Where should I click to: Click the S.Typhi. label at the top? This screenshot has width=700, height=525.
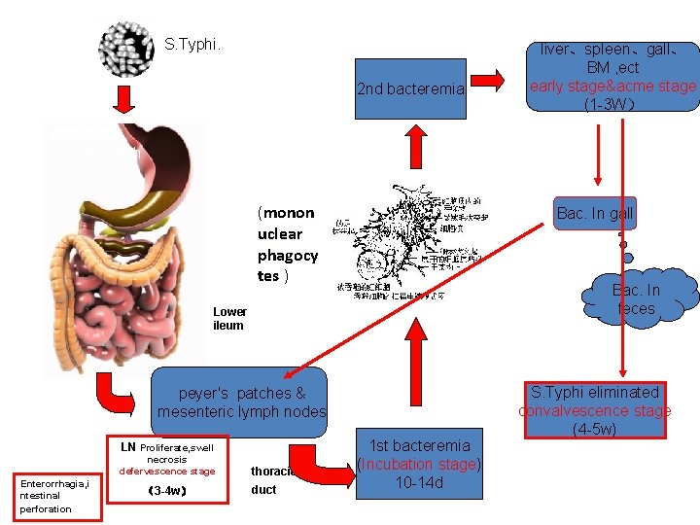[192, 45]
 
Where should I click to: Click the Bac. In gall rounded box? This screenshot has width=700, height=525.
[594, 214]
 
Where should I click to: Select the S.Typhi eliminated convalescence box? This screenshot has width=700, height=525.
[595, 410]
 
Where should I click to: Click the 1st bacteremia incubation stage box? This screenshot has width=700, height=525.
[419, 464]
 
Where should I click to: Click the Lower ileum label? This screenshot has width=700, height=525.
[229, 319]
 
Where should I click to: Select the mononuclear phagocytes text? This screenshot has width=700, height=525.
[287, 244]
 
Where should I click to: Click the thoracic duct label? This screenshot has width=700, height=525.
[270, 480]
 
